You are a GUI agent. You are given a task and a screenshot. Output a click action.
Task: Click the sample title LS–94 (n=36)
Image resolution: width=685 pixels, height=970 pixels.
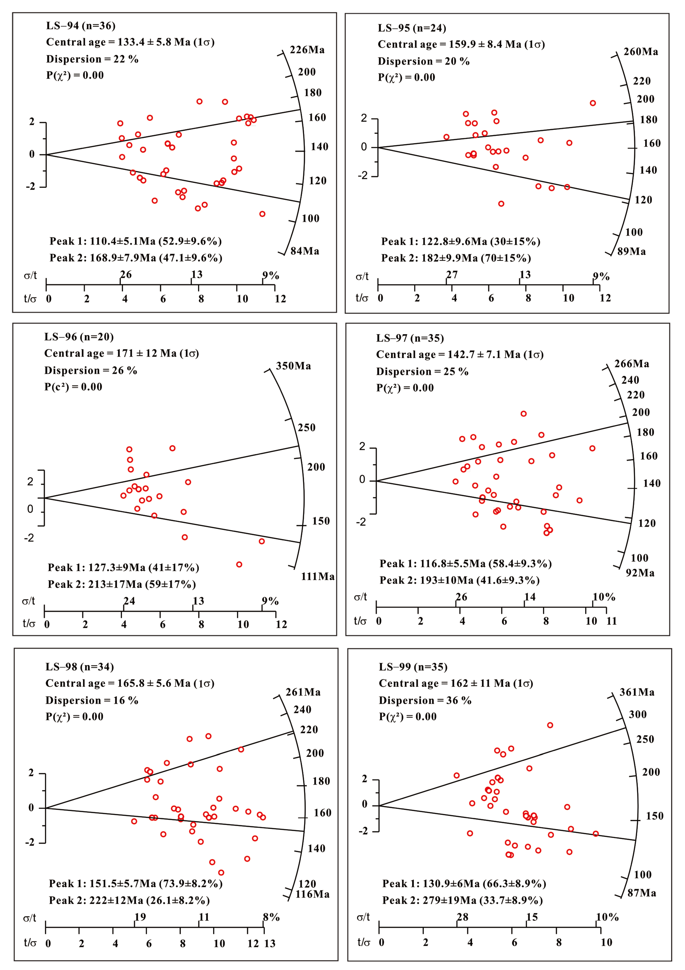coord(81,26)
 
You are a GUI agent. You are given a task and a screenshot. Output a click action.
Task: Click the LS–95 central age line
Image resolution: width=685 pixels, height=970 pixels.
coord(461,44)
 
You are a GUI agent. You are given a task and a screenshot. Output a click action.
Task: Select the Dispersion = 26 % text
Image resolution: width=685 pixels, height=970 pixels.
coord(91,371)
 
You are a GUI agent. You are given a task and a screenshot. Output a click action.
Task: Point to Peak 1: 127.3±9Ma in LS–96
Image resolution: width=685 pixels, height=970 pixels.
coord(123,567)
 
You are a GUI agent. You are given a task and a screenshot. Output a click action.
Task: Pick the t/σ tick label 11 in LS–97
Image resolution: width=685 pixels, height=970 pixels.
coord(611,621)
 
